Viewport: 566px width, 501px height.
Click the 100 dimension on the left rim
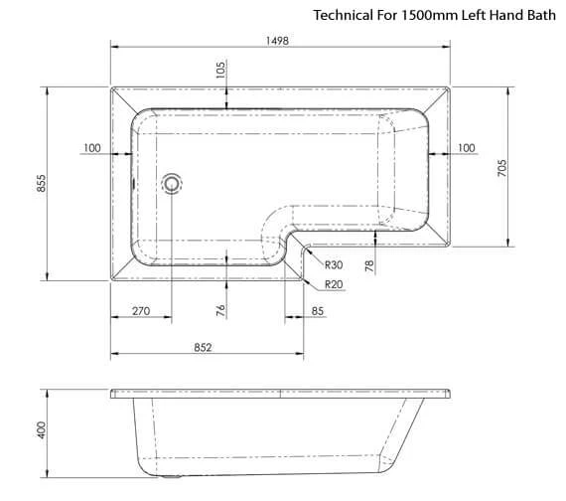pyautogui.click(x=92, y=148)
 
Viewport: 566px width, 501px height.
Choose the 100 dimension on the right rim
pyautogui.click(x=466, y=148)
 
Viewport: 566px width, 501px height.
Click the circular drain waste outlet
pyautogui.click(x=173, y=183)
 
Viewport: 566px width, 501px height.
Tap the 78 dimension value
pyautogui.click(x=368, y=264)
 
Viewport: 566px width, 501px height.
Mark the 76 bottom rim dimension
pyautogui.click(x=220, y=309)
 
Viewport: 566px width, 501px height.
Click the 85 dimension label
pyautogui.click(x=317, y=311)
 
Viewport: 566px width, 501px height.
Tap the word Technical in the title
pyautogui.click(x=342, y=16)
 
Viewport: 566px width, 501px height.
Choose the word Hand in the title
pyautogui.click(x=501, y=16)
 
